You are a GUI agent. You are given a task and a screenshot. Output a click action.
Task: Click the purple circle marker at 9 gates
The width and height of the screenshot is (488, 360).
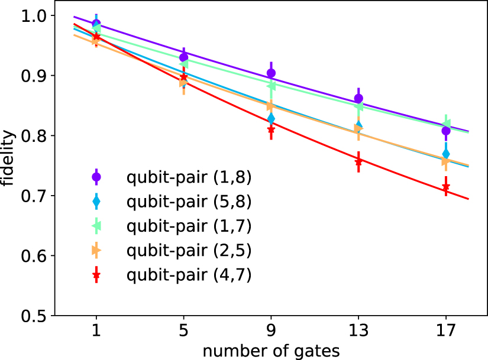pos(271,73)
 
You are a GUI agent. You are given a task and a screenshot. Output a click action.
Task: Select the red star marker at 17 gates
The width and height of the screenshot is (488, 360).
pos(445,187)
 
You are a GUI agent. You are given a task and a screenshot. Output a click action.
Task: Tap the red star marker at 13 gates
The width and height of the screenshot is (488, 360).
pos(358,161)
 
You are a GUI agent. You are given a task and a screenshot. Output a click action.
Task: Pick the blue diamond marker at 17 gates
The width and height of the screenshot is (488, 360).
pos(445,154)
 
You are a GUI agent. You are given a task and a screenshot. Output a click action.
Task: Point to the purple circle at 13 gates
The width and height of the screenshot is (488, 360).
pos(358,99)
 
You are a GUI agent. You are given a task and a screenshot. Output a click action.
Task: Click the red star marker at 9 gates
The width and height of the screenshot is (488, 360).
pos(271,129)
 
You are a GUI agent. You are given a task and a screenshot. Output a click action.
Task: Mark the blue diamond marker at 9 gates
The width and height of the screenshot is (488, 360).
pos(271,118)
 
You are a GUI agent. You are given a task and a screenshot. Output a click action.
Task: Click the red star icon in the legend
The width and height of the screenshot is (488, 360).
pos(96,275)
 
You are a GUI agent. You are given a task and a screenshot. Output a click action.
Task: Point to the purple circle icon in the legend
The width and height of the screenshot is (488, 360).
pos(96,176)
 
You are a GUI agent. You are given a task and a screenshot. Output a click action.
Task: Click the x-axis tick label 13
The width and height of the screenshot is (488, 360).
pos(358,330)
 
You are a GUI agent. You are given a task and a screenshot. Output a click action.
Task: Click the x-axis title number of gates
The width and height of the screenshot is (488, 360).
pos(271,351)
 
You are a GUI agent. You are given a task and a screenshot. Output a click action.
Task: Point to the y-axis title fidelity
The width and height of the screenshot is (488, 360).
pos(8,166)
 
